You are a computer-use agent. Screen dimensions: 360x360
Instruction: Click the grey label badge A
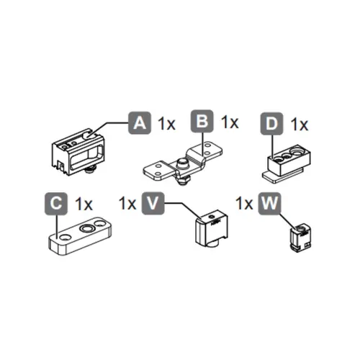(x=138, y=123)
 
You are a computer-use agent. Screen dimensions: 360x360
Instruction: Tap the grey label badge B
(x=202, y=122)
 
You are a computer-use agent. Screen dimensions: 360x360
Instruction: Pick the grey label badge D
(x=271, y=125)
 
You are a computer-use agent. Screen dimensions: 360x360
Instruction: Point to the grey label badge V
(x=152, y=203)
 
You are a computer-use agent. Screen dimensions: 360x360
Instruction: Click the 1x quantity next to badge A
(x=166, y=124)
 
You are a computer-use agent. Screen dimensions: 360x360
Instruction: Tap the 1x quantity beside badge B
(x=229, y=122)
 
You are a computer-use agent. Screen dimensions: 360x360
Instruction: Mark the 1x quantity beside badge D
(x=299, y=125)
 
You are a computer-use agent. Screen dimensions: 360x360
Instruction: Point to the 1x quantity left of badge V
(x=127, y=203)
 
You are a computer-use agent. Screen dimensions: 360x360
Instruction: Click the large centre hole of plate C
(x=87, y=228)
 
